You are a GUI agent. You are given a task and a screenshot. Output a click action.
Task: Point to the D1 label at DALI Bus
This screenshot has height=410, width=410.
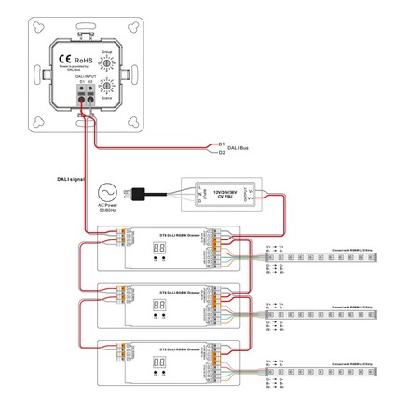[x=221, y=143]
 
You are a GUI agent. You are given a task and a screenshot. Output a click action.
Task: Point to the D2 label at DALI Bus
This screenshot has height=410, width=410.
[x=221, y=153]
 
